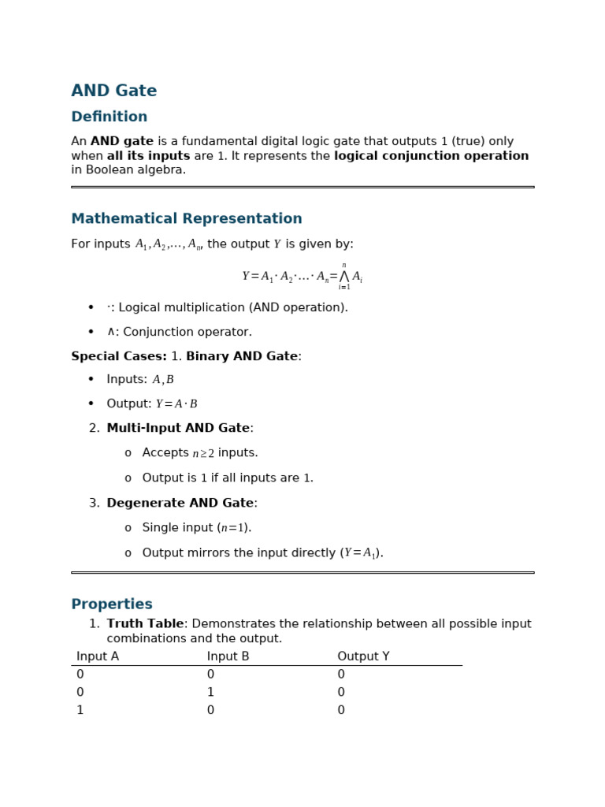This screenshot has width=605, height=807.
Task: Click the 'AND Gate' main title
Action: coord(113,91)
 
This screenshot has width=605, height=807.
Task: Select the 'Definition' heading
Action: coord(109,117)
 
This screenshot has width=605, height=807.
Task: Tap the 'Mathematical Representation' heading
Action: coord(186,219)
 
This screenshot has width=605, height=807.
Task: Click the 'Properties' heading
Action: coord(111,604)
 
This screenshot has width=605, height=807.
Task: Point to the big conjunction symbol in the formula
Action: coord(343,277)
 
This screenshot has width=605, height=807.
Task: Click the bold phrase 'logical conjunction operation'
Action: coord(431,156)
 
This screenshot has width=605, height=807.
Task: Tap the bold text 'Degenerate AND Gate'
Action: coord(180,504)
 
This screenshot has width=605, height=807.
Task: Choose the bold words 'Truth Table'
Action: coord(144,624)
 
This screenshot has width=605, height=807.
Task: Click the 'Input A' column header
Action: coord(98,656)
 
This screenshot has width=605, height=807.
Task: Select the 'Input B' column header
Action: coord(228,656)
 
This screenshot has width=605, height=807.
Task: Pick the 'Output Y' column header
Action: coord(363,656)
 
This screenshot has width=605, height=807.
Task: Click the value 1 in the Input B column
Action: coord(210,693)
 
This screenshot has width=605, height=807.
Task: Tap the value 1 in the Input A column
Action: coord(80,711)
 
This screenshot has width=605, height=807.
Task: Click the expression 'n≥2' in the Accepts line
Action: coord(203,454)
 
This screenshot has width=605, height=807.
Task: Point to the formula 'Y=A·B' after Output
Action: coord(176,404)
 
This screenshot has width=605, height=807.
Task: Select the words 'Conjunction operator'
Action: coord(187,333)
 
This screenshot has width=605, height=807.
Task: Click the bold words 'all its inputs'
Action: coord(148,156)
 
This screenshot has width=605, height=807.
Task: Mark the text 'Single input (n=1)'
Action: coord(196,528)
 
